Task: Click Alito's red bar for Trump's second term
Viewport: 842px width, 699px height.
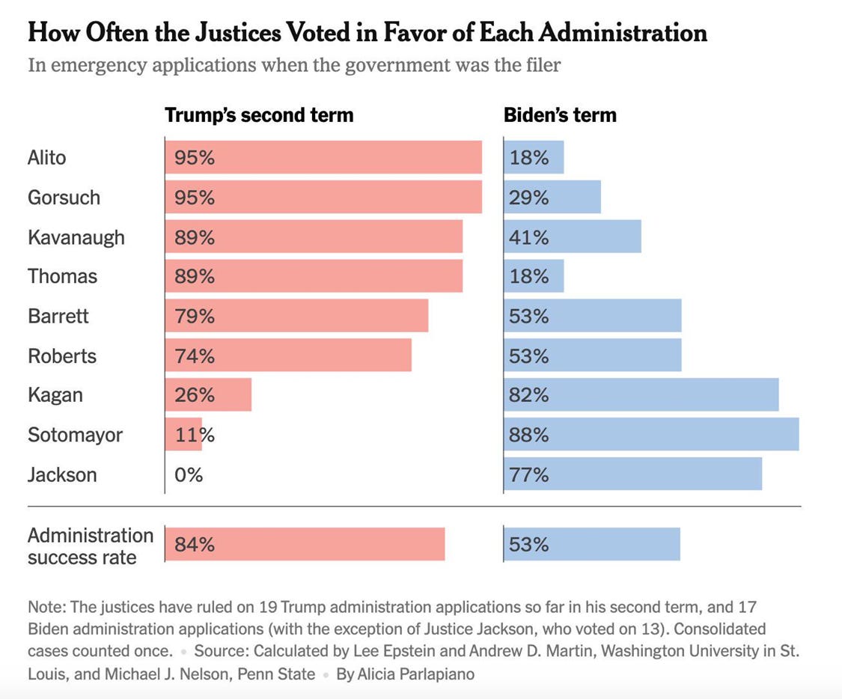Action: [323, 157]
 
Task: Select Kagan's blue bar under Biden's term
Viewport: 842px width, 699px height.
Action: [641, 394]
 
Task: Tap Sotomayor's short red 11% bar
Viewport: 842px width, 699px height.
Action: [183, 434]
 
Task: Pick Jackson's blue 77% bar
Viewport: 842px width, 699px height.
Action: [633, 474]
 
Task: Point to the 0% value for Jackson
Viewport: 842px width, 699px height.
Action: [189, 474]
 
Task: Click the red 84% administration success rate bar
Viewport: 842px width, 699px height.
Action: [305, 544]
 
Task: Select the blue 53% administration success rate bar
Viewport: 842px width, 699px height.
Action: [592, 544]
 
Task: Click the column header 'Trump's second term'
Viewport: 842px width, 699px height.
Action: [260, 115]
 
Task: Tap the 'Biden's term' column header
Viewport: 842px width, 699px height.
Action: [560, 115]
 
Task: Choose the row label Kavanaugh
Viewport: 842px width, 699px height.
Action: [76, 238]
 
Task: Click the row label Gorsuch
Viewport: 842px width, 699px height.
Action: [64, 198]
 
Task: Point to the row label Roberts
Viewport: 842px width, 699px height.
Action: [62, 356]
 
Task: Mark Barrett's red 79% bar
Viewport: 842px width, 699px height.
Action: [297, 316]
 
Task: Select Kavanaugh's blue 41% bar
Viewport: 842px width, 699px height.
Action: [573, 236]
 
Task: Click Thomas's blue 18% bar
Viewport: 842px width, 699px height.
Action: [534, 276]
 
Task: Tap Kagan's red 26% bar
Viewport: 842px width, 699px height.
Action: [208, 394]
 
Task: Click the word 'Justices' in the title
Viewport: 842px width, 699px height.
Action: [237, 32]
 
